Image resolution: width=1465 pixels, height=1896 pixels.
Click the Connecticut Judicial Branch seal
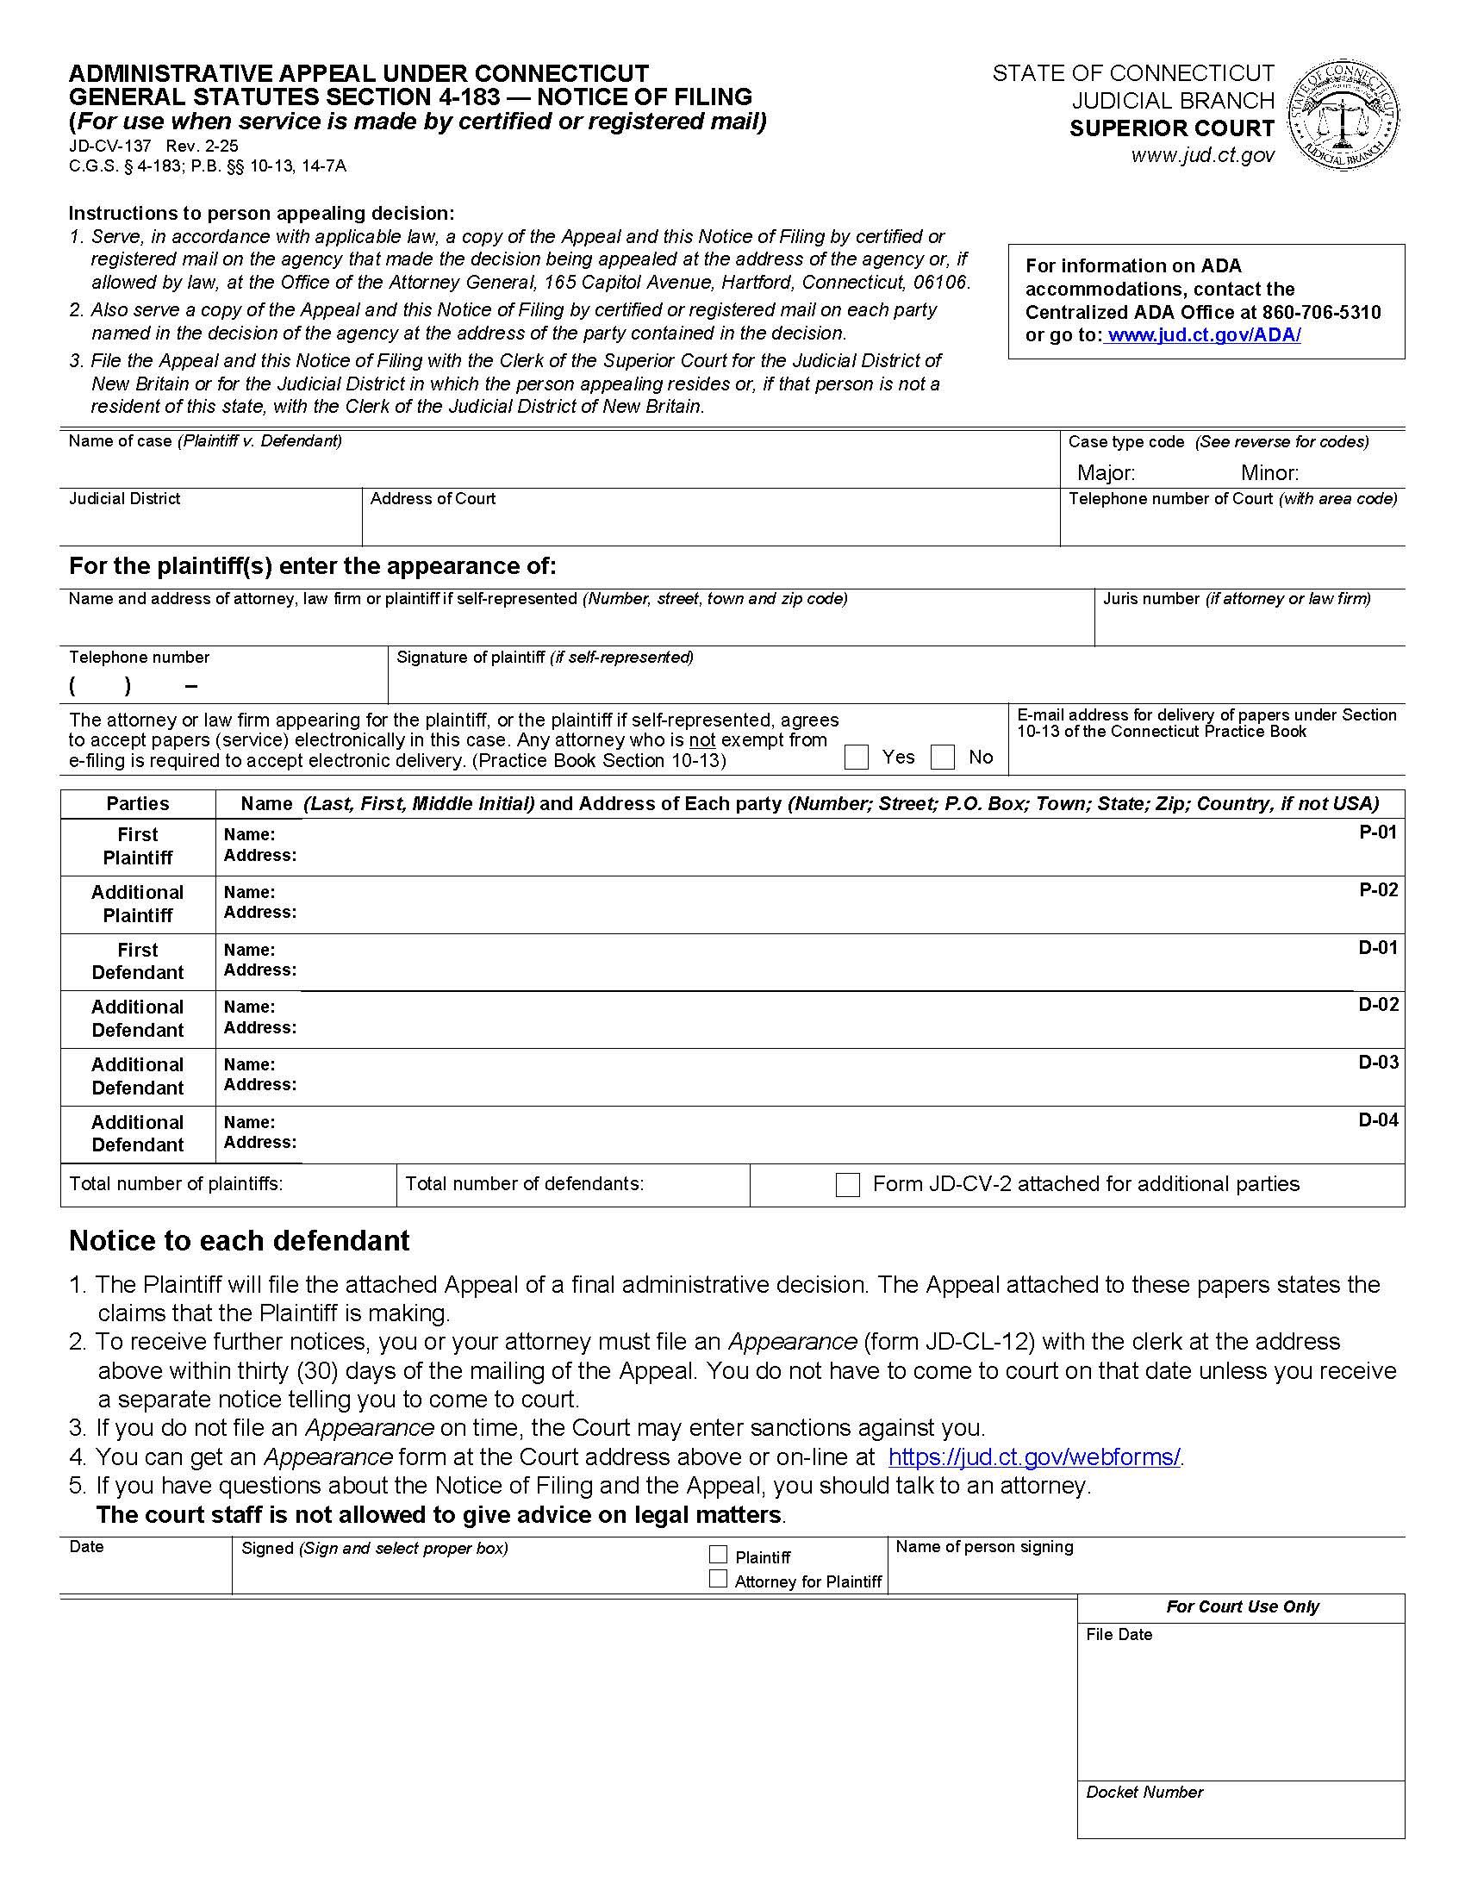pyautogui.click(x=1343, y=115)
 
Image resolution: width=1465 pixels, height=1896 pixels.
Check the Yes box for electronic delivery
pyautogui.click(x=856, y=757)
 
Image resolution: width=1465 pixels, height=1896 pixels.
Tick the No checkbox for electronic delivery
pyautogui.click(x=943, y=757)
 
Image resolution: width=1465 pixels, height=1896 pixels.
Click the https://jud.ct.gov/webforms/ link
pyautogui.click(x=1033, y=1456)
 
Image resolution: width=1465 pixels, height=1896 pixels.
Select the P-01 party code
pyautogui.click(x=1377, y=833)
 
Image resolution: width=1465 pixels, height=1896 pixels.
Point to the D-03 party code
pyautogui.click(x=1377, y=1063)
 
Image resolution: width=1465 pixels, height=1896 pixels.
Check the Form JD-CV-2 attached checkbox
pyautogui.click(x=847, y=1185)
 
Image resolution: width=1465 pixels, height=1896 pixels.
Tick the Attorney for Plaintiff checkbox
pyautogui.click(x=718, y=1579)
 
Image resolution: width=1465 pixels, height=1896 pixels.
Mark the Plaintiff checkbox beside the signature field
pyautogui.click(x=718, y=1555)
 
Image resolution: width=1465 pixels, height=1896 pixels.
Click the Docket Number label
pyautogui.click(x=1144, y=1792)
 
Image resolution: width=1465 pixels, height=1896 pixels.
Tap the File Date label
pyautogui.click(x=1119, y=1635)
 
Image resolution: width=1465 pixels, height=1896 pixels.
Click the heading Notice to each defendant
pyautogui.click(x=239, y=1240)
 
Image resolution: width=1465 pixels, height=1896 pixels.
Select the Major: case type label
pyautogui.click(x=1106, y=473)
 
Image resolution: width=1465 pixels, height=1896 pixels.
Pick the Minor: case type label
pyautogui.click(x=1269, y=473)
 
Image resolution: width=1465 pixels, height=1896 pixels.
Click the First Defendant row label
pyautogui.click(x=137, y=961)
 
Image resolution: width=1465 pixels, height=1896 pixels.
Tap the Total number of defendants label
pyautogui.click(x=524, y=1184)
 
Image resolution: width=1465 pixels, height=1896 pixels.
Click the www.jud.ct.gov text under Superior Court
pyautogui.click(x=1202, y=155)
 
